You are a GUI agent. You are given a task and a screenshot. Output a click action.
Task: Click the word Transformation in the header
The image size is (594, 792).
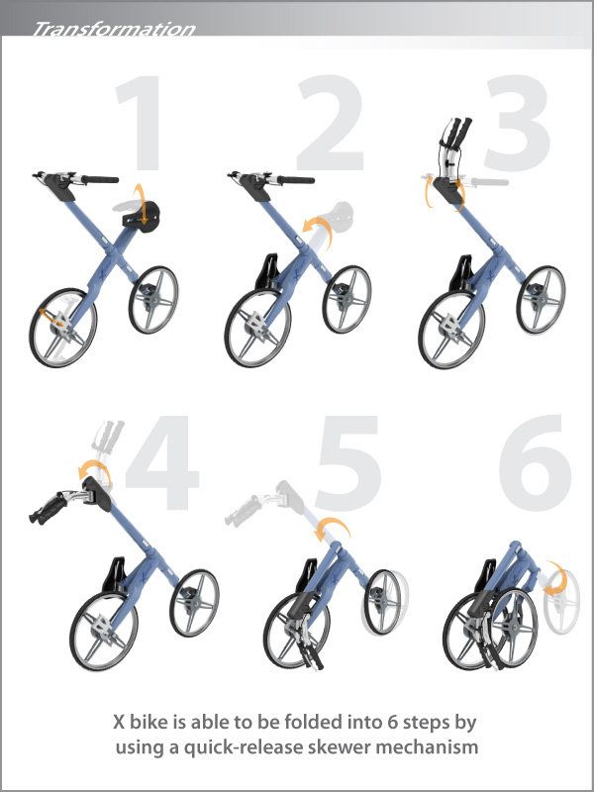click(x=114, y=29)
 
